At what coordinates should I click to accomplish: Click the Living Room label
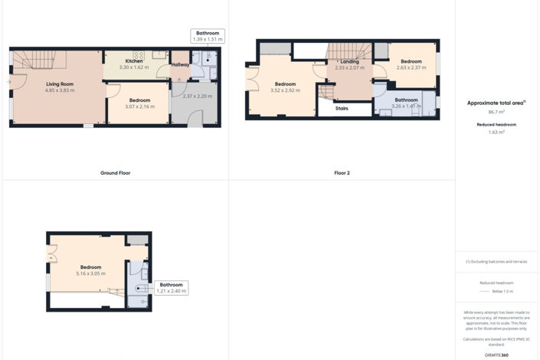(x=57, y=84)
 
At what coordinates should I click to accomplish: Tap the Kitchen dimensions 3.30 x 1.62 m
(x=134, y=67)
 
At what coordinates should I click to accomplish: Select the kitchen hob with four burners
(x=139, y=55)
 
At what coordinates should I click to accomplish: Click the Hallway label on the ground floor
(x=180, y=65)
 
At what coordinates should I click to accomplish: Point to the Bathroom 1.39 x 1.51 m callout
(x=207, y=36)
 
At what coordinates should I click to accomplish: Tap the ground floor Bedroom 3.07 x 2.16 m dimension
(x=139, y=106)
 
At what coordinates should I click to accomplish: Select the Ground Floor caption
(x=115, y=173)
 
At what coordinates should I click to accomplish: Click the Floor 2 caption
(x=342, y=173)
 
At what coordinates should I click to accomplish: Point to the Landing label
(x=349, y=61)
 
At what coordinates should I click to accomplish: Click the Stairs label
(x=343, y=109)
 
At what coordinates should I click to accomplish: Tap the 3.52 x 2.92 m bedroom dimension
(x=285, y=90)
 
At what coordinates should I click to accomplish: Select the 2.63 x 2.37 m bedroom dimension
(x=411, y=67)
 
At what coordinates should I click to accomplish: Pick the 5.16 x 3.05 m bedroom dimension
(x=90, y=273)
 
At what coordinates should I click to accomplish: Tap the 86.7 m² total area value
(x=497, y=112)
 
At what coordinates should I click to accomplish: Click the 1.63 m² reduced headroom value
(x=497, y=132)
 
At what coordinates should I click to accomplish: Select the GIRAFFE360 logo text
(x=497, y=355)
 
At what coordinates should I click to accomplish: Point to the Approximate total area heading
(x=497, y=103)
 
